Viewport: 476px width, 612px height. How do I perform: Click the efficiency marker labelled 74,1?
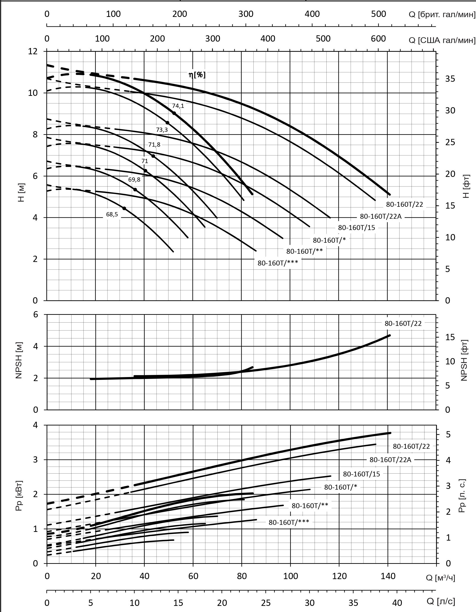174,113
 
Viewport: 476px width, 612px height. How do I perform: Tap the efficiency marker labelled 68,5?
124,208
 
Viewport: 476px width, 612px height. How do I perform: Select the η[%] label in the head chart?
197,75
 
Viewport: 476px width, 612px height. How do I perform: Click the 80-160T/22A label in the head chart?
380,216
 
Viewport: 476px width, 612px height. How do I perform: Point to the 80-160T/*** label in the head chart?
278,263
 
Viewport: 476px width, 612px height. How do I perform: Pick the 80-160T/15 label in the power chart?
361,474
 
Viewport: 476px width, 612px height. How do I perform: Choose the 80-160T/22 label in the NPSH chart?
403,323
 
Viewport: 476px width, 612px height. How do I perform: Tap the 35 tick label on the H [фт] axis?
450,79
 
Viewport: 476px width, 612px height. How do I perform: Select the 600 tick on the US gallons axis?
378,39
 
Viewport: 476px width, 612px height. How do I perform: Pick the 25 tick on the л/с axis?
265,602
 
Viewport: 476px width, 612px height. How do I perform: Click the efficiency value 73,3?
162,130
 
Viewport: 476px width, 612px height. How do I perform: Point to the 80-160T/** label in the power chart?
310,506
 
